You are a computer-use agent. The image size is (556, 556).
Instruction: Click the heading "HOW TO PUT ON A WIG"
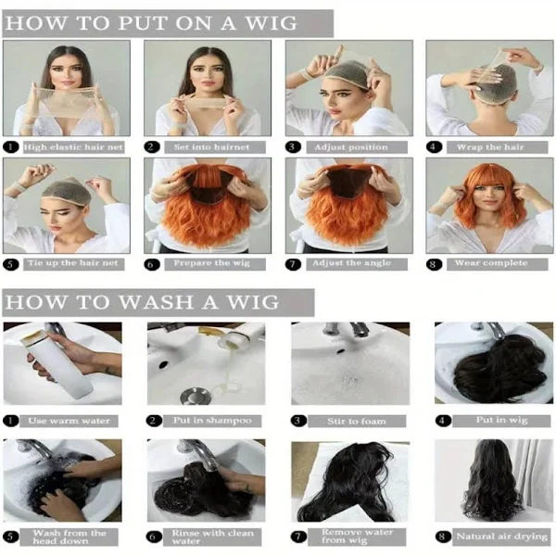[151, 23]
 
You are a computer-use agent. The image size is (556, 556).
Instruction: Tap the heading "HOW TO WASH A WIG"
[142, 302]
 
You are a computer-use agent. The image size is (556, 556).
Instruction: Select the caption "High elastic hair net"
[73, 146]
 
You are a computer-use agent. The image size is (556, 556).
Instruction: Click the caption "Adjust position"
[351, 146]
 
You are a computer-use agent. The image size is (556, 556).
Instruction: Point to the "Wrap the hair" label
[490, 146]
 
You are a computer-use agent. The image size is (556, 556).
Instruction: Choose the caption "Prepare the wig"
[211, 263]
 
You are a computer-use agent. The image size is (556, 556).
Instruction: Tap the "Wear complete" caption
[491, 263]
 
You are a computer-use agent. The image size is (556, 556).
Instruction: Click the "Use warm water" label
[69, 421]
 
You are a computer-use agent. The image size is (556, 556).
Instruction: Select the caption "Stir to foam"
[357, 422]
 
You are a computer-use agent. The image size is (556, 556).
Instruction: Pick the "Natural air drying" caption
[501, 537]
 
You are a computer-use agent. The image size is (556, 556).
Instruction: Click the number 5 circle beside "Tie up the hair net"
[10, 264]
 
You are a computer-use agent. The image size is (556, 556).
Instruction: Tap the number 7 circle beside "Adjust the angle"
[293, 264]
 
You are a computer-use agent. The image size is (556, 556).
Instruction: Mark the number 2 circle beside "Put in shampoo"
[153, 421]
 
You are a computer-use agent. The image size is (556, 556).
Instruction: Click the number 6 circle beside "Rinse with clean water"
[153, 537]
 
